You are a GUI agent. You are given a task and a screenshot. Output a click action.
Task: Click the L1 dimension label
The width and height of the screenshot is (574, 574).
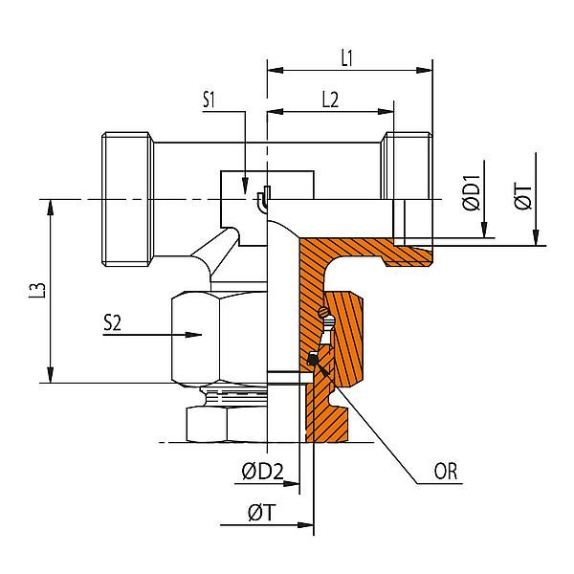click(x=348, y=57)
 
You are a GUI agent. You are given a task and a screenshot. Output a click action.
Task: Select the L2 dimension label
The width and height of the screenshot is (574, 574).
click(x=329, y=99)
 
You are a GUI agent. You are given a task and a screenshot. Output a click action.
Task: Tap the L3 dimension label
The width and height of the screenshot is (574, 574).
click(x=34, y=292)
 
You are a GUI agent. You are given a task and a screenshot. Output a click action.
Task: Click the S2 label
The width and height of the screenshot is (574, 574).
click(x=113, y=323)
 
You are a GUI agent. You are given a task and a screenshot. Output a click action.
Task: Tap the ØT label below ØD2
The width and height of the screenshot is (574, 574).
click(x=261, y=513)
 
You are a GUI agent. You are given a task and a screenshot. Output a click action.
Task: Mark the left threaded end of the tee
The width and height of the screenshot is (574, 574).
click(x=129, y=198)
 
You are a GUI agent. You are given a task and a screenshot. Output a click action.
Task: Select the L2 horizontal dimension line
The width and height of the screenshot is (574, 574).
click(x=330, y=112)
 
